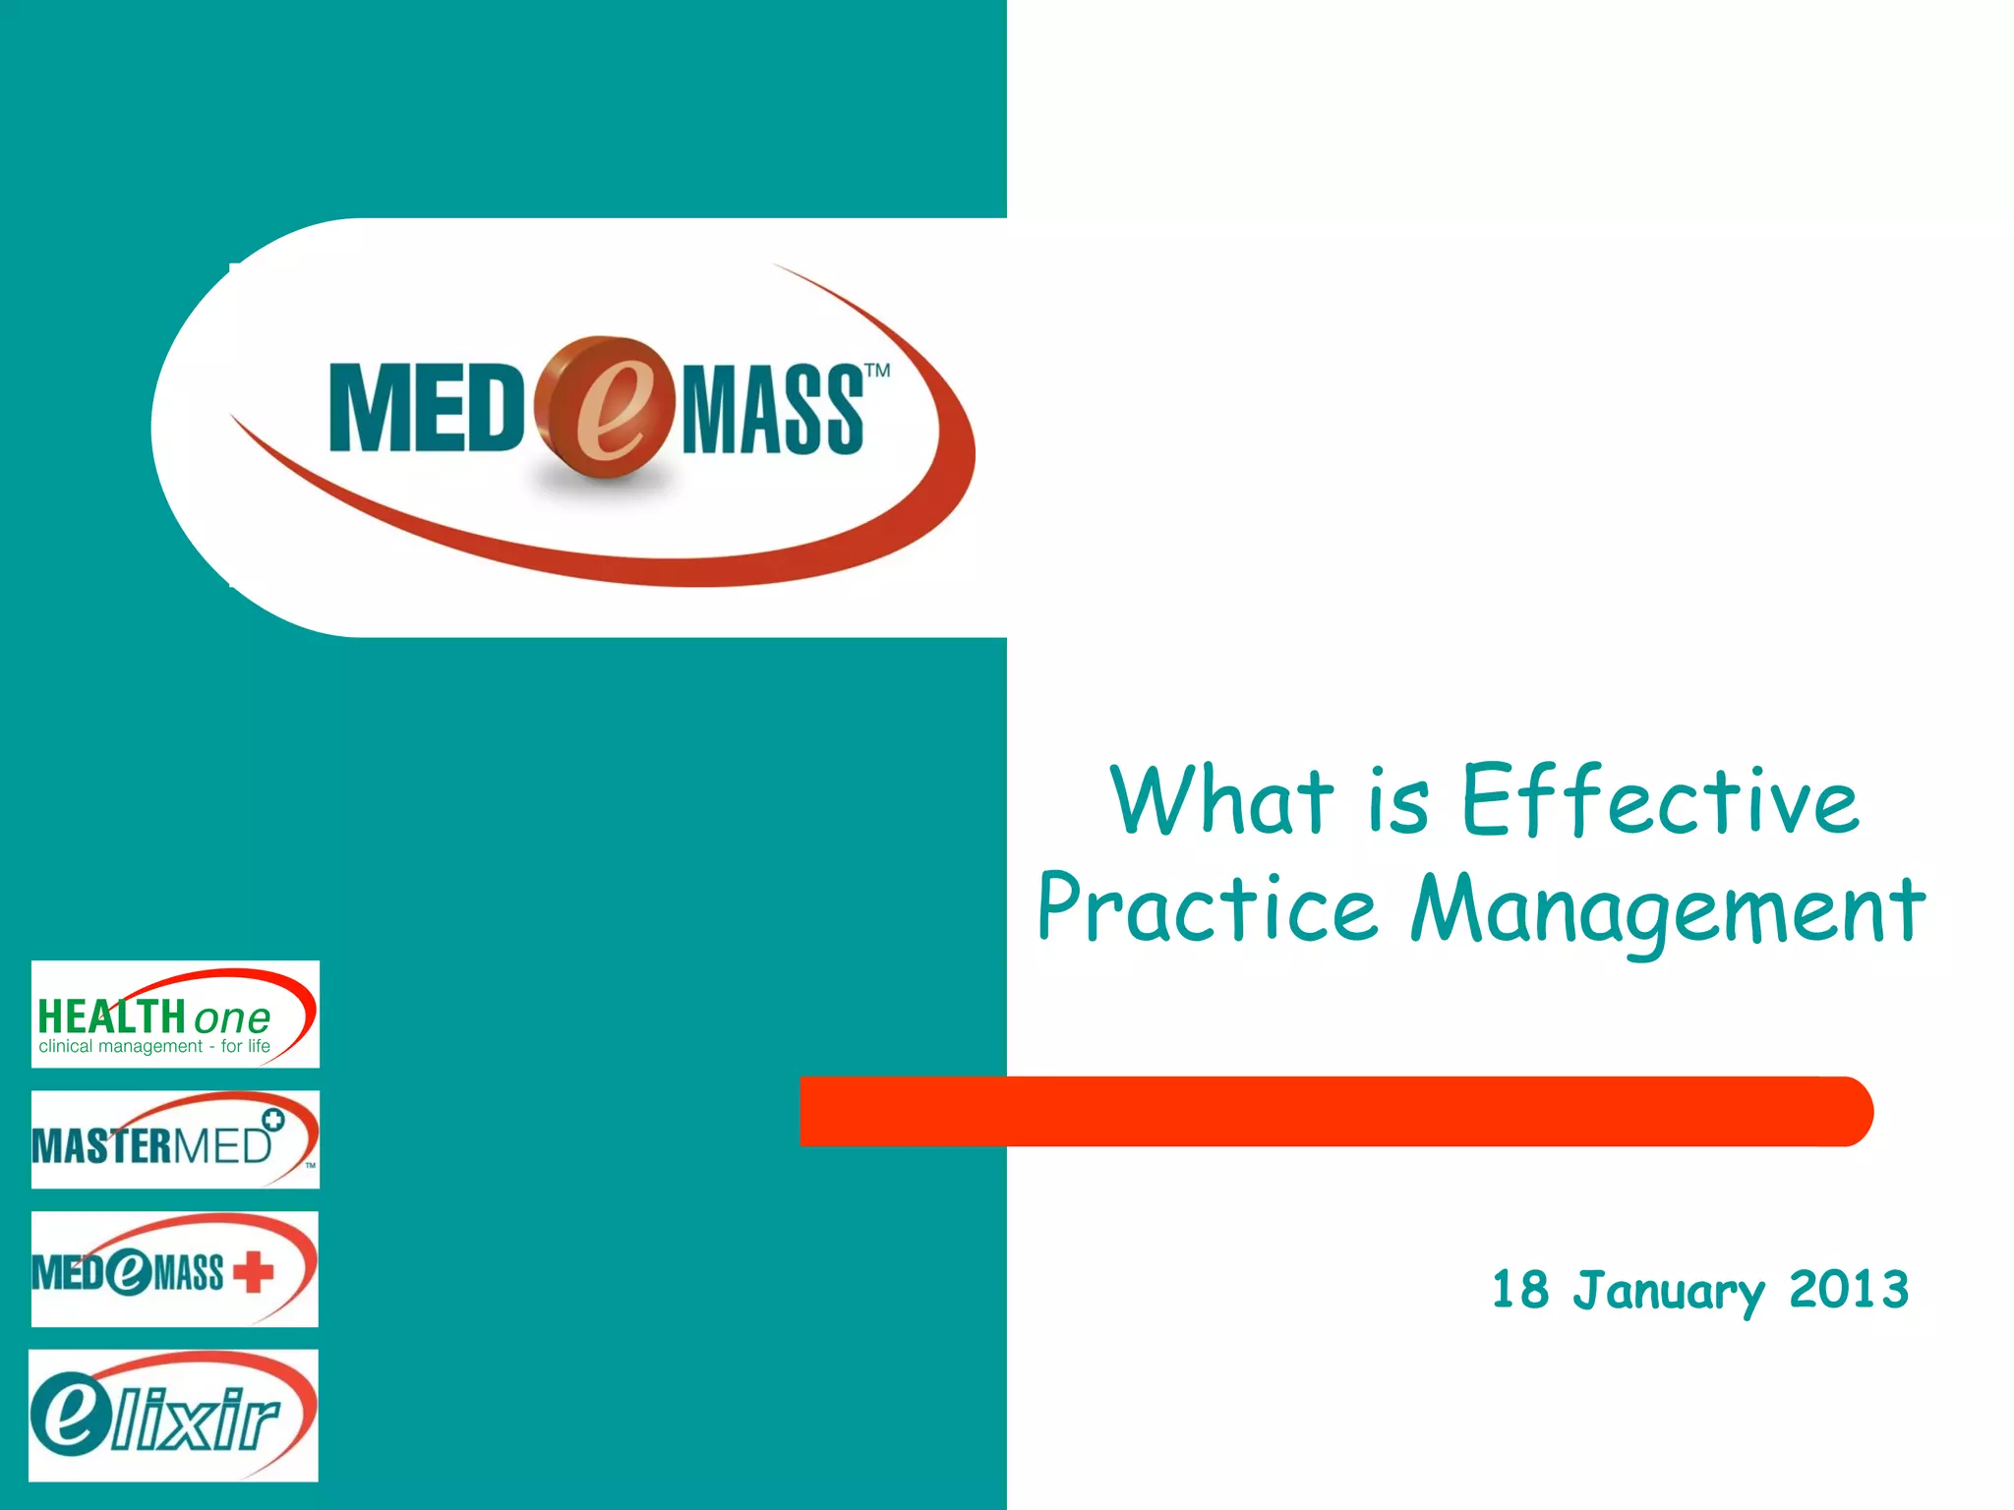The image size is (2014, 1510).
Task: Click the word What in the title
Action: (x=1223, y=800)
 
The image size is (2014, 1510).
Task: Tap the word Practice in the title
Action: (x=1208, y=910)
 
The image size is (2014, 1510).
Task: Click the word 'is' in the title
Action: (x=1397, y=800)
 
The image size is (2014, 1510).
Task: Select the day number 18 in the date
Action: (x=1520, y=1290)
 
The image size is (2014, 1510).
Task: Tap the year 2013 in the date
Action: (x=1849, y=1290)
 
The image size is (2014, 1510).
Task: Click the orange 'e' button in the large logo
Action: (x=606, y=408)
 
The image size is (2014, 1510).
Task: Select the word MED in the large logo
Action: (x=426, y=409)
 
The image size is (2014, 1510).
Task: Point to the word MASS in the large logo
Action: (x=772, y=411)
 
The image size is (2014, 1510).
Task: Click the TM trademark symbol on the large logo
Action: (x=877, y=371)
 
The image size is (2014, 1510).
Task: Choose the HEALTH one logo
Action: (x=175, y=1014)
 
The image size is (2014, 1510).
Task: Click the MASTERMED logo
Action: (x=175, y=1139)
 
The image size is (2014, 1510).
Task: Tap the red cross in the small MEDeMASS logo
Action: (x=254, y=1271)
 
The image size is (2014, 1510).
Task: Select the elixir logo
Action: (x=173, y=1416)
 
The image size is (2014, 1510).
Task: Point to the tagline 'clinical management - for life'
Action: (x=154, y=1047)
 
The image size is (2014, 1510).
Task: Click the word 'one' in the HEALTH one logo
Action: (x=232, y=1017)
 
